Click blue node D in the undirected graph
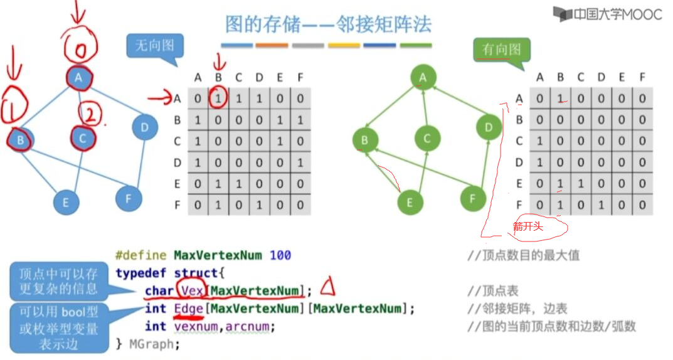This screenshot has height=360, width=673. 144,128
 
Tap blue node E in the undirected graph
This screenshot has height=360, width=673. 65,202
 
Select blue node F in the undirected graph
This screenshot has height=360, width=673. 129,198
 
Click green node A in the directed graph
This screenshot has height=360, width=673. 423,77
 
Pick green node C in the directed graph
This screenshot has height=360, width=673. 427,138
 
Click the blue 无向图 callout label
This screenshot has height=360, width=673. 154,46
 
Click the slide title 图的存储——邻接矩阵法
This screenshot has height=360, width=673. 328,24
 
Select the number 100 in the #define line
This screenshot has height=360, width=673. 280,255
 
